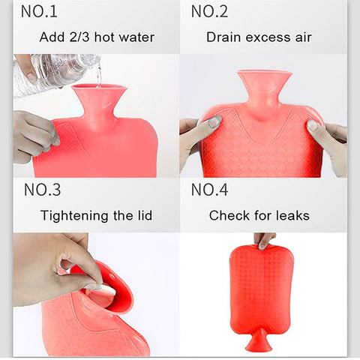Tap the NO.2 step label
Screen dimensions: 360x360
pyautogui.click(x=209, y=11)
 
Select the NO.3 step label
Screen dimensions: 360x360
pyautogui.click(x=43, y=190)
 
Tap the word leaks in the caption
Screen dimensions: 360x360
pyautogui.click(x=291, y=216)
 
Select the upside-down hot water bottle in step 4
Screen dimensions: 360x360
pyautogui.click(x=261, y=289)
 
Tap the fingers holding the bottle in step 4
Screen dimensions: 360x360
pyautogui.click(x=265, y=240)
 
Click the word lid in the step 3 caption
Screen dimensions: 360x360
pyautogui.click(x=142, y=216)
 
